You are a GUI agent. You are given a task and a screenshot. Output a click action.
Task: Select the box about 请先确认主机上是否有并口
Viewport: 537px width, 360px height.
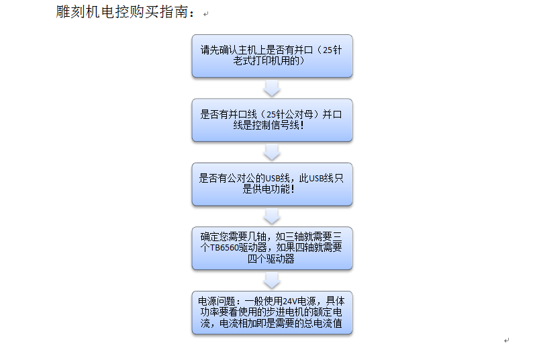[272, 56]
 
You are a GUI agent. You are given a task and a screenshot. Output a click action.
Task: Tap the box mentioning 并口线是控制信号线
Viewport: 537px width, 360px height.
[272, 120]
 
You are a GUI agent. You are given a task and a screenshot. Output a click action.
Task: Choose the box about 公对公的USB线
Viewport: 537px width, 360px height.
[272, 183]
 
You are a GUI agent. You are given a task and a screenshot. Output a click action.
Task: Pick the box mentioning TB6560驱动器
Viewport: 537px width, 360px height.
[272, 248]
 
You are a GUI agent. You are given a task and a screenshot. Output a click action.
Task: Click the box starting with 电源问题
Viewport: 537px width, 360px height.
[272, 312]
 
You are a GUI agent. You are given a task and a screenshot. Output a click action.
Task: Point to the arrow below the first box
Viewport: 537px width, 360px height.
[272, 88]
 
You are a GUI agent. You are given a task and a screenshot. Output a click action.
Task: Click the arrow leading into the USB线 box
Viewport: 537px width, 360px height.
[272, 152]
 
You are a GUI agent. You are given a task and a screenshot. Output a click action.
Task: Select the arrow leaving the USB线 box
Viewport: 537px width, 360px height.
[272, 216]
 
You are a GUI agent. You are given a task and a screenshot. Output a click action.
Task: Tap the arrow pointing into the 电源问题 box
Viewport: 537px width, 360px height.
[272, 280]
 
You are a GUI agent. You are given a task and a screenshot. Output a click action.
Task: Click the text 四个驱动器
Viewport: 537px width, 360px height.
[271, 259]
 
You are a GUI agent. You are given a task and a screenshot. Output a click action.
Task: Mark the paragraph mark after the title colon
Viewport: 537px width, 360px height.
[205, 14]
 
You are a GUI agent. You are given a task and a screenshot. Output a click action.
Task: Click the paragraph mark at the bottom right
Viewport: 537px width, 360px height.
[506, 341]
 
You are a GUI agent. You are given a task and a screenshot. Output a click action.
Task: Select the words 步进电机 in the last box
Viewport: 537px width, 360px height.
[286, 312]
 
